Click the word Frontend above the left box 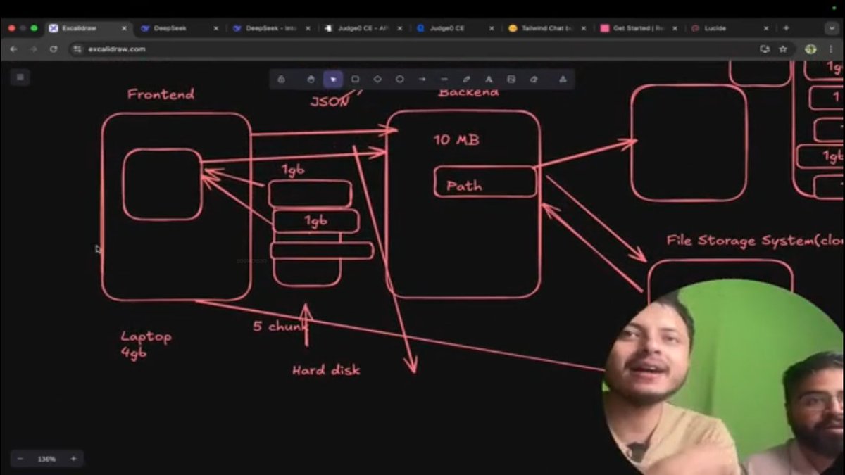pyautogui.click(x=161, y=94)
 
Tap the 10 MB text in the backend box pyautogui.click(x=456, y=139)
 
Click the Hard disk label pyautogui.click(x=326, y=369)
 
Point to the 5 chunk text pyautogui.click(x=280, y=327)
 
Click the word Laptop pyautogui.click(x=146, y=336)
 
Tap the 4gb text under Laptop pyautogui.click(x=133, y=352)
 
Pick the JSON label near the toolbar pyautogui.click(x=330, y=101)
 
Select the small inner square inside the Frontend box pyautogui.click(x=163, y=184)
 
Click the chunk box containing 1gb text pyautogui.click(x=315, y=221)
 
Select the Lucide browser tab pyautogui.click(x=715, y=28)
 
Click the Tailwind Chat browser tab pyautogui.click(x=546, y=28)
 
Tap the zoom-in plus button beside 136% pyautogui.click(x=73, y=459)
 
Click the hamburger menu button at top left pyautogui.click(x=20, y=77)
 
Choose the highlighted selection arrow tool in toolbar pyautogui.click(x=333, y=80)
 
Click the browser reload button pyautogui.click(x=54, y=49)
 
